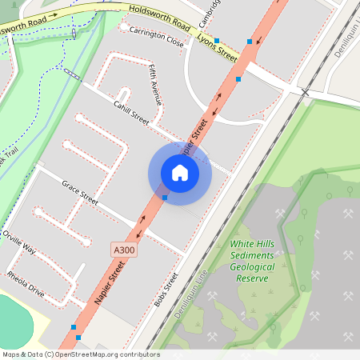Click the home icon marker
coord(179,173)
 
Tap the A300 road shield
coord(122,250)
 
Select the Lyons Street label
coord(218,48)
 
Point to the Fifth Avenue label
coord(155,86)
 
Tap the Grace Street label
coord(80,192)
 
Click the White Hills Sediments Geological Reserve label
coord(252,261)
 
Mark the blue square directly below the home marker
coord(165,197)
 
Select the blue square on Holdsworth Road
coord(217,39)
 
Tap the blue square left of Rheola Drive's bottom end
coord(74,327)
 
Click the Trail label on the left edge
coord(11,152)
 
